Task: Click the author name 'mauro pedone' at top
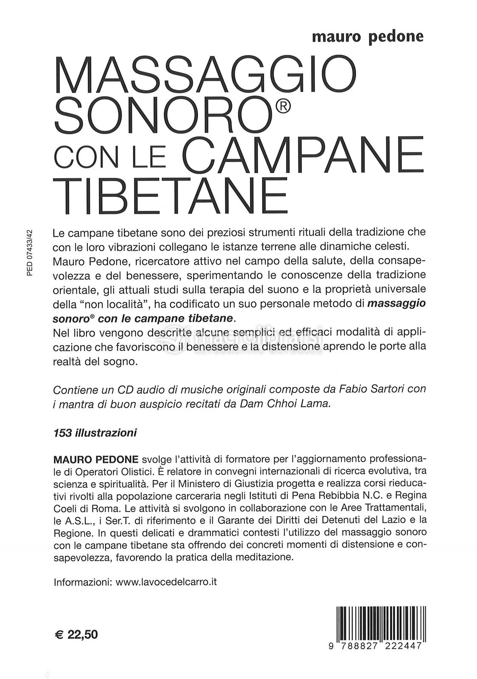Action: point(368,36)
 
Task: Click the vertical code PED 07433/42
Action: point(29,253)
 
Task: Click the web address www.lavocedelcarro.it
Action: point(166,581)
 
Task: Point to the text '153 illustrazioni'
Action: point(95,433)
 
